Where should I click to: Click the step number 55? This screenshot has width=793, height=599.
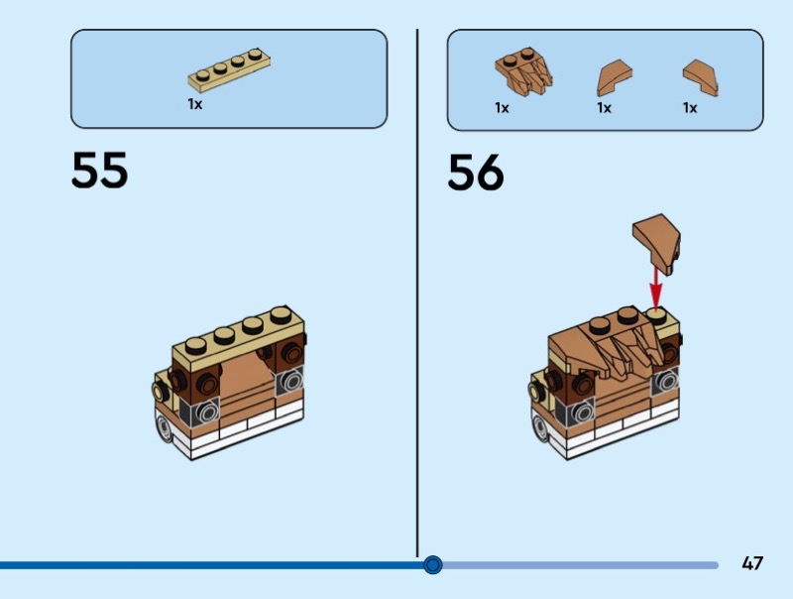pos(99,171)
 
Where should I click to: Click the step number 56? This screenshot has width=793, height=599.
pos(476,173)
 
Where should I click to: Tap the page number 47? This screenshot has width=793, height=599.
pos(752,563)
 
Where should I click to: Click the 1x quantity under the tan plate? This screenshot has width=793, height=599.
pos(195,103)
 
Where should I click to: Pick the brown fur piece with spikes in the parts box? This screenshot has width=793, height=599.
pos(523,72)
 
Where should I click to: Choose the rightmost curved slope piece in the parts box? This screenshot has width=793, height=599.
pos(700,78)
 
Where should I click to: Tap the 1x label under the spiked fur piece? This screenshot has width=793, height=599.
pos(503,108)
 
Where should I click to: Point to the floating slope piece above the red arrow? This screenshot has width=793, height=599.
pos(656,239)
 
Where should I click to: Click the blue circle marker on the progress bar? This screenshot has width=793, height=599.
pos(432,565)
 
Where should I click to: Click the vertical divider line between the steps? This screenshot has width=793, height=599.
pos(417,298)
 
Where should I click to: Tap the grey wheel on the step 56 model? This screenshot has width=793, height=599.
pos(540,428)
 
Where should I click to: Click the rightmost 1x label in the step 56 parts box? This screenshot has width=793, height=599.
pos(690,108)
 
